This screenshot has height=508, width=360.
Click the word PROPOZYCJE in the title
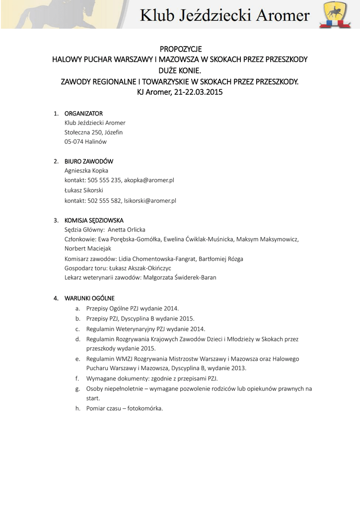180,49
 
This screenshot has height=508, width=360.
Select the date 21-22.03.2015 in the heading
198,92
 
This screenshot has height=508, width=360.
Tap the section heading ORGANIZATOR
83,114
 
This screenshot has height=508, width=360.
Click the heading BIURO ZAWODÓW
89,161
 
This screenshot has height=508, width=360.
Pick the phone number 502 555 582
105,201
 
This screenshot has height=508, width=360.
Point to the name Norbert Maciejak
88,249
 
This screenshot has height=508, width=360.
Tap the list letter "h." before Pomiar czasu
78,408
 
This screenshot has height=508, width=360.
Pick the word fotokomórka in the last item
146,408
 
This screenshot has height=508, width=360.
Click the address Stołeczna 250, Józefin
93,132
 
